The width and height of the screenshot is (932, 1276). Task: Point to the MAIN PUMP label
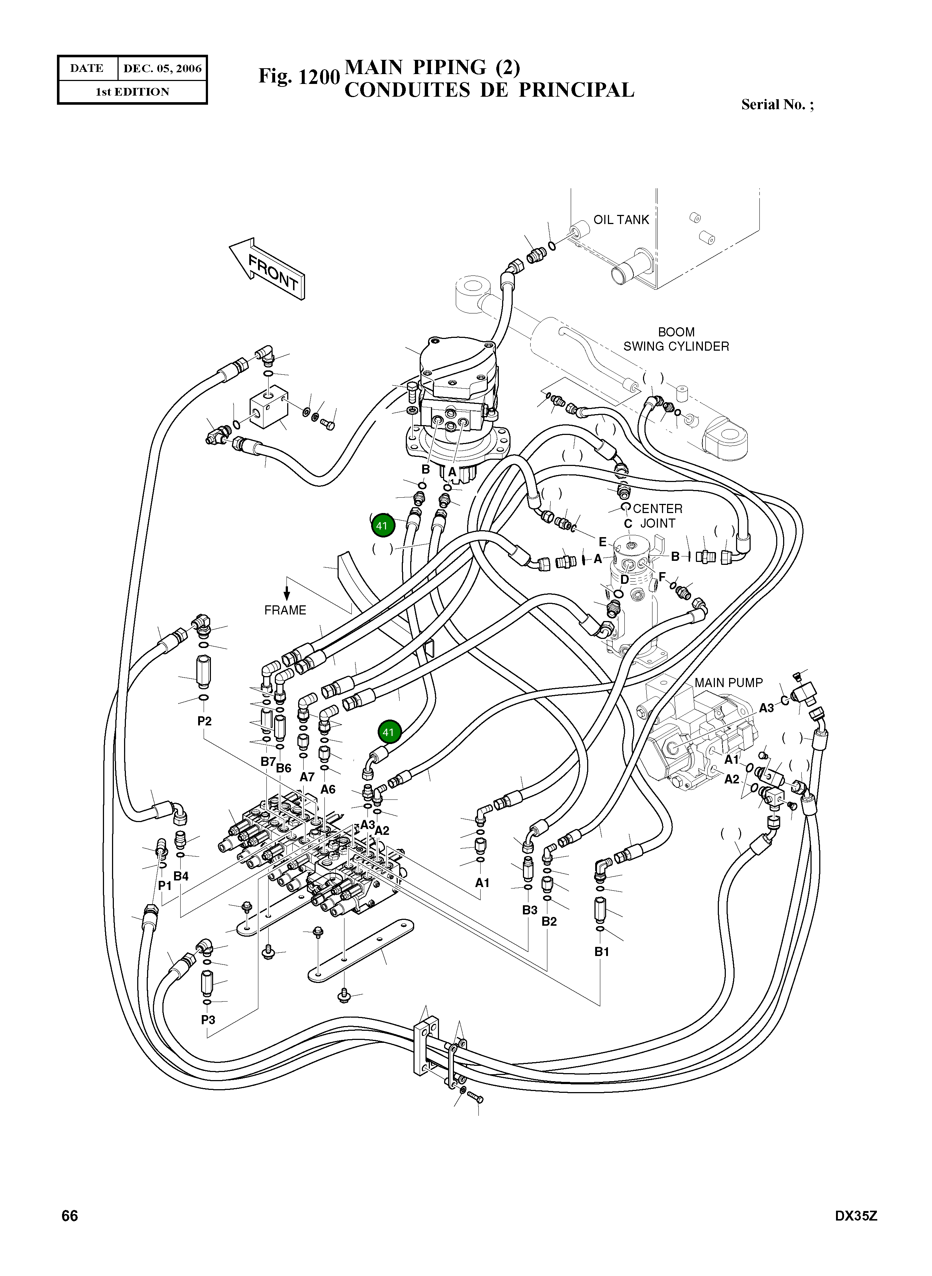pyautogui.click(x=728, y=683)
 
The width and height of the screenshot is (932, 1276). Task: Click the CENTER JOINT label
pyautogui.click(x=657, y=516)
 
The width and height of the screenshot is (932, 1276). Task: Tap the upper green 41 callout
pyautogui.click(x=382, y=526)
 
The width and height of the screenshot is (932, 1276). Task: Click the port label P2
pyautogui.click(x=204, y=721)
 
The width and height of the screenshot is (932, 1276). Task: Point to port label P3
pyautogui.click(x=208, y=1020)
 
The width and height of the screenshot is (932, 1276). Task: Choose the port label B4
pyautogui.click(x=181, y=876)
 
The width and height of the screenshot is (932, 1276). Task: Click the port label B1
pyautogui.click(x=602, y=952)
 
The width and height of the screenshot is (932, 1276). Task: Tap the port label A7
pyautogui.click(x=307, y=777)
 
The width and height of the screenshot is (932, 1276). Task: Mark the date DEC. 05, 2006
pyautogui.click(x=162, y=68)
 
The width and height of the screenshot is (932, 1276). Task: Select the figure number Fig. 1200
pyautogui.click(x=299, y=77)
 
